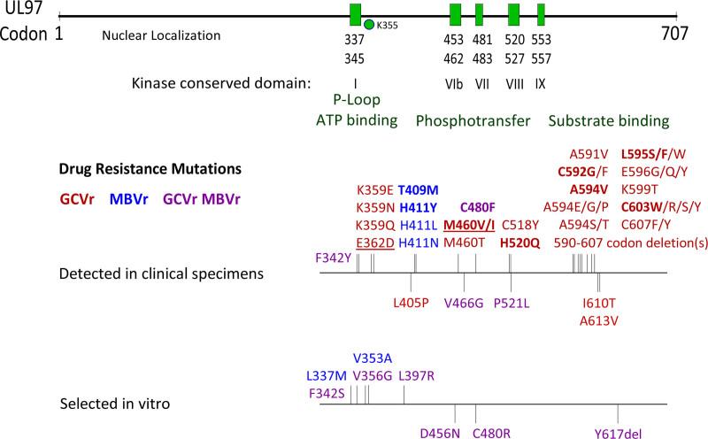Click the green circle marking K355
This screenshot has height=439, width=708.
368,25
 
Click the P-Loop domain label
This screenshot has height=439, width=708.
355,102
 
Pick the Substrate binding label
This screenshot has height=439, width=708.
608,119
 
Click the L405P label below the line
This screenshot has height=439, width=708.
412,301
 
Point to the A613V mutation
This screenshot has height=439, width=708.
600,319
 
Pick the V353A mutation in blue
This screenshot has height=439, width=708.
373,358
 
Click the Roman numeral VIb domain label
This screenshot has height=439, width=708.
456,84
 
